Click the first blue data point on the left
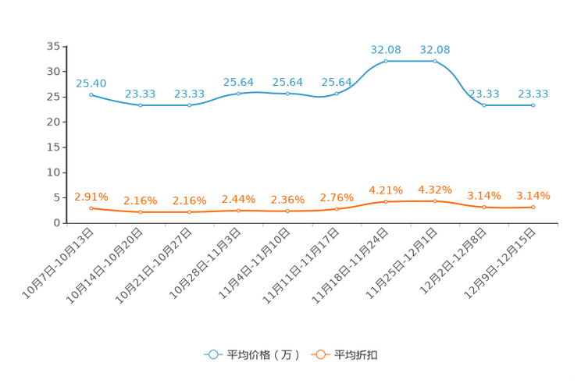click(x=91, y=94)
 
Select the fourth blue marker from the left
click(x=238, y=93)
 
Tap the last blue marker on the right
click(x=533, y=105)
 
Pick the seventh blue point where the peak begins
click(x=386, y=61)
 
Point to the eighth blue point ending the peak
click(x=435, y=61)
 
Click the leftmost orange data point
click(x=91, y=208)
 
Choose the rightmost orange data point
click(x=533, y=208)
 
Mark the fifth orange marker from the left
click(x=287, y=211)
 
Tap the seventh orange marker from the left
click(x=386, y=201)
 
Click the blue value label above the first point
click(x=91, y=83)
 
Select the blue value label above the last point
click(x=533, y=94)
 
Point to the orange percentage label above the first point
click(x=91, y=197)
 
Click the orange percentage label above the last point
click(x=533, y=196)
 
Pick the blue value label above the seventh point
click(x=386, y=50)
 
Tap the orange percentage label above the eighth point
click(x=435, y=190)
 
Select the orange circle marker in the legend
click(x=320, y=355)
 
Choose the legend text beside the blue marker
click(x=263, y=355)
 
